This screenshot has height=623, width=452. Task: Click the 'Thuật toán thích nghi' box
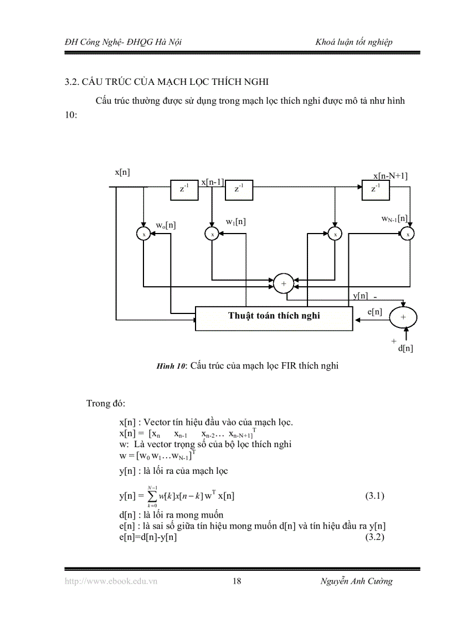tap(274, 317)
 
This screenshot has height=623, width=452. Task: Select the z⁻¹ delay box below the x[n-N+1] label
tap(376, 189)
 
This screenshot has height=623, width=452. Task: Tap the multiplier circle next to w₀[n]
tap(143, 234)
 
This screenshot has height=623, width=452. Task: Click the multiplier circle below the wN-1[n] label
tap(408, 234)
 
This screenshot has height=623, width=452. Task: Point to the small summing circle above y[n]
tap(284, 283)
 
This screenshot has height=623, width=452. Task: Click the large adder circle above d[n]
tap(403, 316)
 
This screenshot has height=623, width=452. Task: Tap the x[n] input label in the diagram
tap(122, 172)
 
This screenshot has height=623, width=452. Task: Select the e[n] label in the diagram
tap(375, 312)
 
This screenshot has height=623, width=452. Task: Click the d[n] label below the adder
tap(405, 348)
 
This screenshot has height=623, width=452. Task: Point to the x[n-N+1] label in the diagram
tap(390, 176)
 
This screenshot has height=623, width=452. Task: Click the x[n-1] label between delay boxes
tap(212, 182)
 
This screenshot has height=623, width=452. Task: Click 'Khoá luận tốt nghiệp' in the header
tap(354, 42)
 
